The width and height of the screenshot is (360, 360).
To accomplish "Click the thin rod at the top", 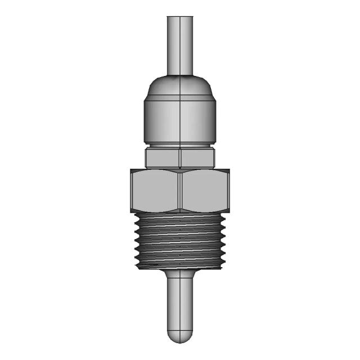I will pos(179,45).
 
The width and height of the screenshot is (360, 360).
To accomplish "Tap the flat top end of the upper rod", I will pos(179,16).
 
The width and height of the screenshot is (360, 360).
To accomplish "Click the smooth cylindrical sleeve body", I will pos(179,121).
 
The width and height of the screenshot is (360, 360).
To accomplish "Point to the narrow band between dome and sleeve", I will pos(179,100).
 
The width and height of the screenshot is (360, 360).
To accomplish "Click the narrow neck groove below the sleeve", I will pos(179,145).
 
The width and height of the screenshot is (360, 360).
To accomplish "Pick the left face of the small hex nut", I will pos(162,157).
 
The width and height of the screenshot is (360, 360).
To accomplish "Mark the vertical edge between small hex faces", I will pos(179,157).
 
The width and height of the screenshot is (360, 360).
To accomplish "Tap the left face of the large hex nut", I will pos(155,190).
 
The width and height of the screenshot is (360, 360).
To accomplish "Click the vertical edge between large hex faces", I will pos(179,190).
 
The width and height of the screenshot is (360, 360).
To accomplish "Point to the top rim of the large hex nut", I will pos(179,170).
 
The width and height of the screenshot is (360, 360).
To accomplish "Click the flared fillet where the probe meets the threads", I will pos(179,274).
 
